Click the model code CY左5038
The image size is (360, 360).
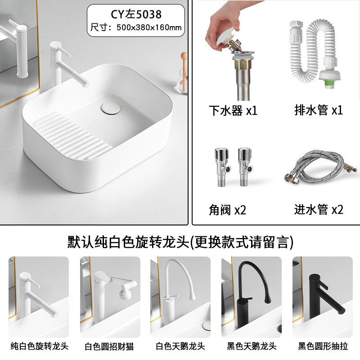136,14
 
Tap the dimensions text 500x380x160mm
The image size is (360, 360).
149,27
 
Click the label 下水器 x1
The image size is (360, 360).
233,110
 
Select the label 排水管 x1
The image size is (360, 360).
319,110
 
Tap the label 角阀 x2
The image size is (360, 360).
227,210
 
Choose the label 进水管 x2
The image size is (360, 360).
319,209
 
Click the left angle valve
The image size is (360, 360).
223,167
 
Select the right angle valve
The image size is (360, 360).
245,167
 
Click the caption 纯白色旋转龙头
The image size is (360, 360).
40,346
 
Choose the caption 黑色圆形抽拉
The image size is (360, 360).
323,346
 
